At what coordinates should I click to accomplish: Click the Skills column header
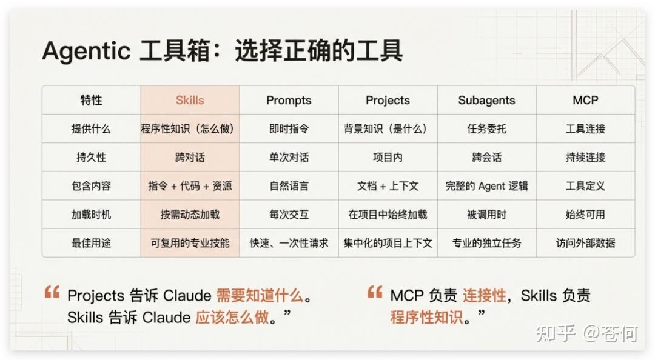pos(190,100)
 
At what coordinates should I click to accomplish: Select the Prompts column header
pos(289,100)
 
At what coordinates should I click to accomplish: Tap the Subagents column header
pos(486,100)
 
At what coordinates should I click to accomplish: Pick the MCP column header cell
pos(585,100)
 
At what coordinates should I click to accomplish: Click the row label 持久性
pos(91,158)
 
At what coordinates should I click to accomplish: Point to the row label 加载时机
pos(91,215)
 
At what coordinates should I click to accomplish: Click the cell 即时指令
pos(289,128)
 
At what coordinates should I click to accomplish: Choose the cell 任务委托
pos(486,128)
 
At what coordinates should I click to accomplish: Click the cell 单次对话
pos(289,158)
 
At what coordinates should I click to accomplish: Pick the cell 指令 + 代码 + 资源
pos(190,186)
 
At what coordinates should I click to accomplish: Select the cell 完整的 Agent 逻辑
pos(486,186)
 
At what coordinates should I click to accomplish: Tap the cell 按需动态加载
pos(190,215)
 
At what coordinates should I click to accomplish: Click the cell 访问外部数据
pos(585,243)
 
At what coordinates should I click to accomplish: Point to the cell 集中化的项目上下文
pos(387,243)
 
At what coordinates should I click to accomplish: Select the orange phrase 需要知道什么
pos(260,295)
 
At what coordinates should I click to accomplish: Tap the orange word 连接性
pos(484,295)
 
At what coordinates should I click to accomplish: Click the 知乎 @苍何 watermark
pos(586,333)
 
